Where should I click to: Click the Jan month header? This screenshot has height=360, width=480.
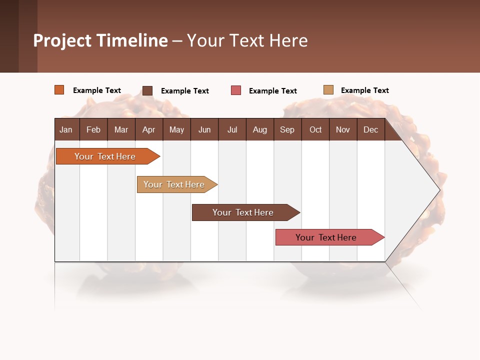point(66,129)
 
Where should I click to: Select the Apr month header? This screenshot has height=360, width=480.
point(149,129)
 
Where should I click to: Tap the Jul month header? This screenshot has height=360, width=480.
point(232,129)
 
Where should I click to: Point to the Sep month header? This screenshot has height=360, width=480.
point(287,129)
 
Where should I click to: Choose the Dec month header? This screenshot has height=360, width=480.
point(370,129)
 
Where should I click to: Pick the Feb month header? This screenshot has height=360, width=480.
point(93,129)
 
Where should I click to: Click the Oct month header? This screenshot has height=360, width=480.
point(315,129)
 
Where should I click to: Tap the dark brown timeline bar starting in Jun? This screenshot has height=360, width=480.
point(243,212)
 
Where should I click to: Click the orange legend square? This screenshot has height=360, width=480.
point(59,90)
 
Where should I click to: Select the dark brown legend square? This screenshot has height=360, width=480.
point(147,90)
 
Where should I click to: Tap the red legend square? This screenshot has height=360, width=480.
point(236,90)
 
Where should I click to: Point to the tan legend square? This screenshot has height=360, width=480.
point(328,90)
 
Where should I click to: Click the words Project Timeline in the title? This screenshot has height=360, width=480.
point(100,40)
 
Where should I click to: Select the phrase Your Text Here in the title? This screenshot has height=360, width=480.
point(247,40)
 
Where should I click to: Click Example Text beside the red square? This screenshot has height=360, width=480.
point(273,91)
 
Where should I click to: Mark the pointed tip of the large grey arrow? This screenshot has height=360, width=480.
point(439,190)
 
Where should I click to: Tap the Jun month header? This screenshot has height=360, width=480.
point(204,129)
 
